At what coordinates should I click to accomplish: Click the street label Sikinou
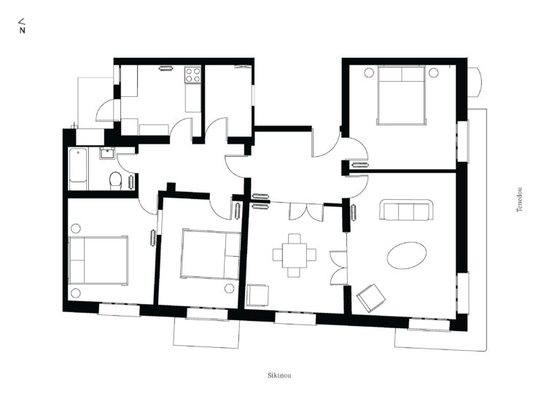279,376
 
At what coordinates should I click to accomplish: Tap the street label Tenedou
520,200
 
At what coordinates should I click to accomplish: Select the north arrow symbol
22,26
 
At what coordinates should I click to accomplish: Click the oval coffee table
406,255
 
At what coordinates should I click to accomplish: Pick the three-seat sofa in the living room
405,210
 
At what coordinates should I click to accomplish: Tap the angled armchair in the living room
370,298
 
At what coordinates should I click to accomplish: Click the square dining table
295,255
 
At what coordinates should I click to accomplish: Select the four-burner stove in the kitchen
192,75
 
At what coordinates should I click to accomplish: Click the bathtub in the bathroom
78,169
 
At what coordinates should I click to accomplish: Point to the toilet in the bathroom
115,181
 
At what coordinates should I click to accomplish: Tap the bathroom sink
106,153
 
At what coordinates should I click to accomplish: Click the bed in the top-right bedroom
402,96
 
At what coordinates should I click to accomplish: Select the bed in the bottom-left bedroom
98,260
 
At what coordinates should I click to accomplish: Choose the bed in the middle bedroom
211,254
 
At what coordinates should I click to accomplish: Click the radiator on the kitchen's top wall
166,68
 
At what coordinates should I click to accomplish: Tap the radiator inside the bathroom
131,182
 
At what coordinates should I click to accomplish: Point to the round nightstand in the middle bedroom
229,289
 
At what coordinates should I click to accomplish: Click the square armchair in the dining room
257,295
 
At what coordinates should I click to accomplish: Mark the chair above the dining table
295,238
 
